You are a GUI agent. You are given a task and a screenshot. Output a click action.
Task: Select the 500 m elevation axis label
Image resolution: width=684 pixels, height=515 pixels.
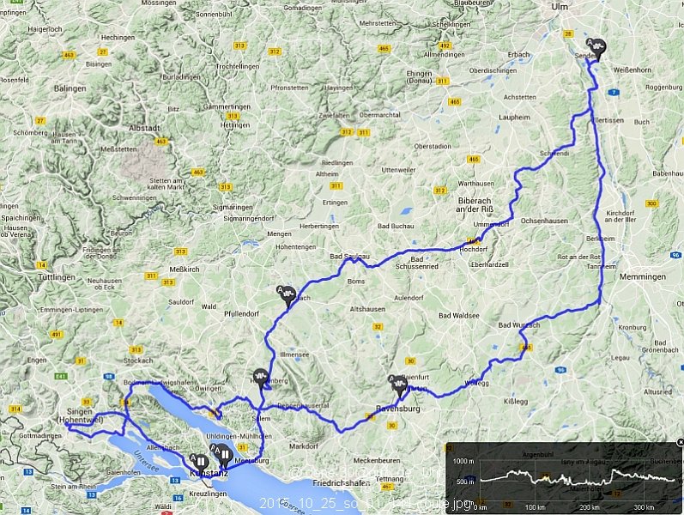(464, 482)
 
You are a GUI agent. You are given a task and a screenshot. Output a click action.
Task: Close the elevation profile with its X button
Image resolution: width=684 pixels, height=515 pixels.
(678, 441)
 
